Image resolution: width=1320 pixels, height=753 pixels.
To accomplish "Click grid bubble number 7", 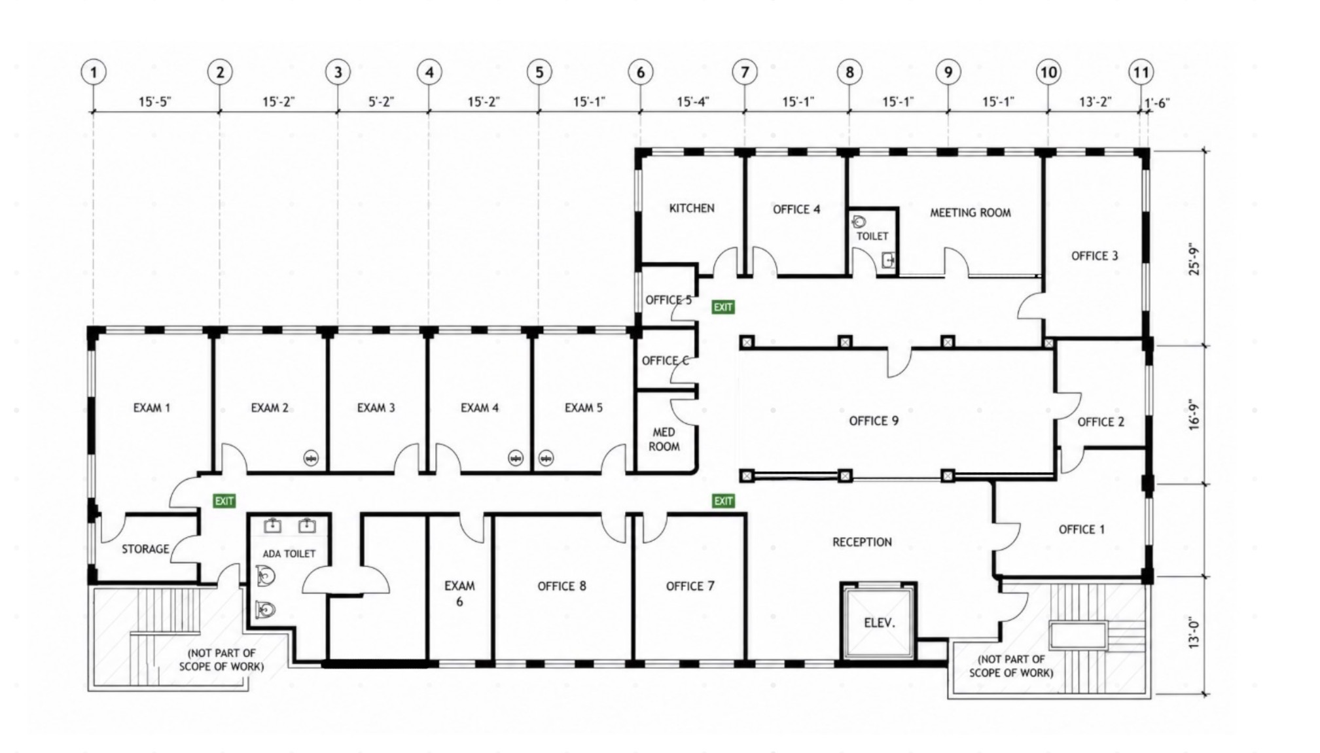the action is pos(744,72).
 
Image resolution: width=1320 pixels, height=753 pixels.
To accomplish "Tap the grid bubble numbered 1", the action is pos(94,72).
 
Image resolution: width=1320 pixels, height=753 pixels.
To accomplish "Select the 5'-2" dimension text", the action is pos(381,102).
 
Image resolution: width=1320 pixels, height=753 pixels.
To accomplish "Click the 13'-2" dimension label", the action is pos(1096,102).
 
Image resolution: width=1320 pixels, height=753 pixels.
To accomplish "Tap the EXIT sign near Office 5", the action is pos(723,307).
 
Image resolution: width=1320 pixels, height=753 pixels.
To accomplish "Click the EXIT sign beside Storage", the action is pos(224,501).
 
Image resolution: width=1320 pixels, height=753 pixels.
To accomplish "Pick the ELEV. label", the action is pos(879,623).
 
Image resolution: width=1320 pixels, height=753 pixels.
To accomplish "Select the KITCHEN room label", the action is pos(692,208).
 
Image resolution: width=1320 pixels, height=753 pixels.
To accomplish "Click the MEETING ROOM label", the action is pos(971,213).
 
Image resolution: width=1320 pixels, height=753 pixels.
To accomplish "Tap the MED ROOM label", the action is pos(664,439).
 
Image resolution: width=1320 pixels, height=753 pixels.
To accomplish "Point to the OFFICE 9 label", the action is pos(874,421).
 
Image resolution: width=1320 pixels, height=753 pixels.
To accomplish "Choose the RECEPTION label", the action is pos(862,542).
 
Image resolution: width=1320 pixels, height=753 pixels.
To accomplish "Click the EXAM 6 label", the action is pos(459,593).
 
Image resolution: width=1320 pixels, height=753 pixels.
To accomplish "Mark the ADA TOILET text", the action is pos(289,553).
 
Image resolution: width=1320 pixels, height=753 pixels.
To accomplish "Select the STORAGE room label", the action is pos(145,549).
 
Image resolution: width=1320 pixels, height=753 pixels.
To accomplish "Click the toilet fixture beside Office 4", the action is pos(859,221).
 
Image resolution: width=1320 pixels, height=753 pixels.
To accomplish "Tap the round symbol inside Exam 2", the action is pos(311,459).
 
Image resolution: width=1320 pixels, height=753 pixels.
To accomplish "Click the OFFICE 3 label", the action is pos(1094,256).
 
